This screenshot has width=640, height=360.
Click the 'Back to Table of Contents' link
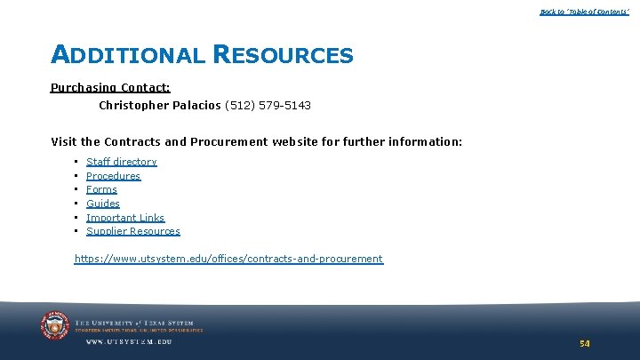tap(584, 12)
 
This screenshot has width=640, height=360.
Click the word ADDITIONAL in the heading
tap(127, 55)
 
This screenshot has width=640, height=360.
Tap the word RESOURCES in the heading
tap(283, 55)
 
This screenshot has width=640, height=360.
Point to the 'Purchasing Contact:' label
tap(110, 88)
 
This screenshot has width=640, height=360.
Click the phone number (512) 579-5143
tap(268, 106)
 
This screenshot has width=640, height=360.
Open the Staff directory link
tap(121, 162)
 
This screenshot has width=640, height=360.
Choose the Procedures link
tap(113, 176)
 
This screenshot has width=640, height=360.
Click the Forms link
tap(101, 189)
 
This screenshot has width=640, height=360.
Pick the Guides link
tap(102, 204)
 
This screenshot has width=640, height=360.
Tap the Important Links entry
tap(125, 218)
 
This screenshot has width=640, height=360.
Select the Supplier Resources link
tap(132, 231)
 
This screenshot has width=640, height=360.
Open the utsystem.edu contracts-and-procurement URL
tap(228, 260)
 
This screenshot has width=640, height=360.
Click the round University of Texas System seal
tap(55, 326)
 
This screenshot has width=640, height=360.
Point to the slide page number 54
tap(584, 343)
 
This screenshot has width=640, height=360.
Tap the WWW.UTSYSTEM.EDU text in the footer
tap(129, 341)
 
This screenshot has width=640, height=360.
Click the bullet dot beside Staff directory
tap(76, 162)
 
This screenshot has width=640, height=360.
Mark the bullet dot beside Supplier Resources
tap(76, 231)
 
